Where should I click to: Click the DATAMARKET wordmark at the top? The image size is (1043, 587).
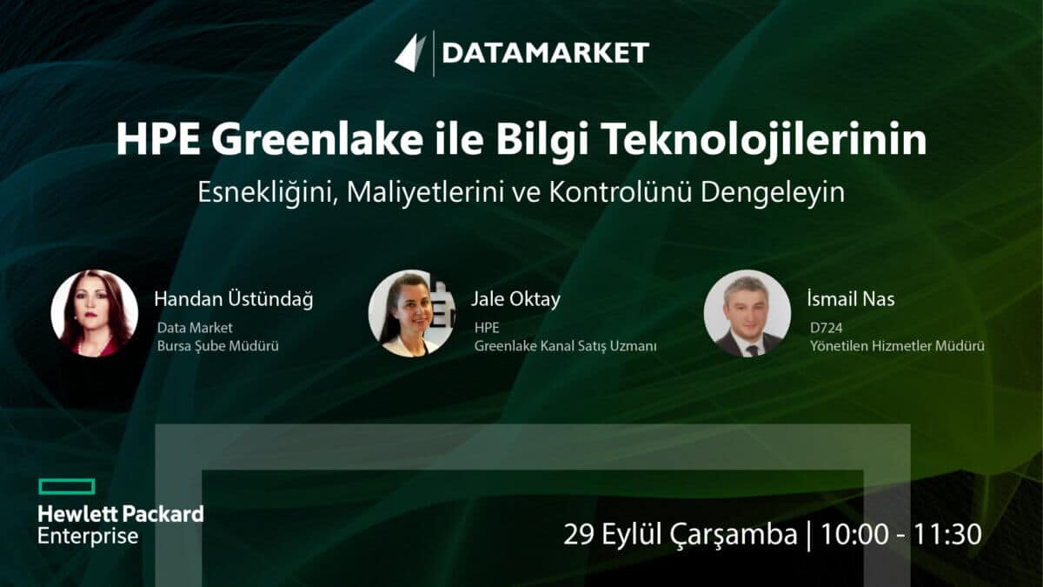pyautogui.click(x=545, y=52)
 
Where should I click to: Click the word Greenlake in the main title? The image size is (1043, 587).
pyautogui.click(x=317, y=140)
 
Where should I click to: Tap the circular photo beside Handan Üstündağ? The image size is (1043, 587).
pyautogui.click(x=95, y=313)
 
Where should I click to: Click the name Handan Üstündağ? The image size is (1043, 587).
pyautogui.click(x=234, y=298)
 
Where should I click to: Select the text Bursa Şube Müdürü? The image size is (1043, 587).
pyautogui.click(x=218, y=346)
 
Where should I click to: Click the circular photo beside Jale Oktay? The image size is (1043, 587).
pyautogui.click(x=412, y=313)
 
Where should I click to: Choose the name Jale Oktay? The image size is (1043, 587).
pyautogui.click(x=516, y=299)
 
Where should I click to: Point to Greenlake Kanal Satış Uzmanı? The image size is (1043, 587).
pyautogui.click(x=565, y=346)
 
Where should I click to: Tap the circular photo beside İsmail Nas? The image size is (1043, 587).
pyautogui.click(x=747, y=313)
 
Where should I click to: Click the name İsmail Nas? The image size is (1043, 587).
pyautogui.click(x=851, y=298)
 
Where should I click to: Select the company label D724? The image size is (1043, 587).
pyautogui.click(x=826, y=328)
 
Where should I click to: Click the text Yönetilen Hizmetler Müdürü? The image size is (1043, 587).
pyautogui.click(x=897, y=346)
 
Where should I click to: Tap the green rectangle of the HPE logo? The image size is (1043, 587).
pyautogui.click(x=67, y=486)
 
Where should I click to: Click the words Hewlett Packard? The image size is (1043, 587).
pyautogui.click(x=121, y=514)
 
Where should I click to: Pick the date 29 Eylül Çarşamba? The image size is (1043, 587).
pyautogui.click(x=681, y=534)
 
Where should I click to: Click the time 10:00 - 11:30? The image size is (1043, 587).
pyautogui.click(x=901, y=534)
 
